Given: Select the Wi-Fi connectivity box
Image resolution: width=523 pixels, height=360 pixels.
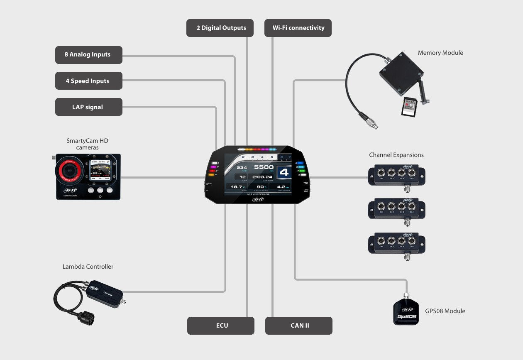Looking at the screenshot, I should tap(298, 28).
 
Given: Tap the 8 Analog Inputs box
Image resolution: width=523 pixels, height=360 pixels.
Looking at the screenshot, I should tap(88, 55).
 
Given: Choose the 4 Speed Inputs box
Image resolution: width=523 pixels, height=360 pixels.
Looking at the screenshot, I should tap(88, 81).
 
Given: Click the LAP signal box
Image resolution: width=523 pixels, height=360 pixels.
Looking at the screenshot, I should tap(88, 107).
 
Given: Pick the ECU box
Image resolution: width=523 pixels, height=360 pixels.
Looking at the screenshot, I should tap(221, 326).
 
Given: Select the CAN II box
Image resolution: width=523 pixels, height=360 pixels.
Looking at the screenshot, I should tap(299, 326).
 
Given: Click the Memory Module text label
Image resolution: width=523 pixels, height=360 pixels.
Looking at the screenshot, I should tap(440, 53).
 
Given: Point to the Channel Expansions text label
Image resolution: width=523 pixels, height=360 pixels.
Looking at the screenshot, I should tap(396, 155).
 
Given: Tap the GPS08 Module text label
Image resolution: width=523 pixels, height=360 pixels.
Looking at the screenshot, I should tap(445, 311).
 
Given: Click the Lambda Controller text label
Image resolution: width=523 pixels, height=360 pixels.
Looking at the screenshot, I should tap(88, 267).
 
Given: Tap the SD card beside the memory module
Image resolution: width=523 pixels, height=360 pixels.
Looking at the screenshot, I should tap(409, 107).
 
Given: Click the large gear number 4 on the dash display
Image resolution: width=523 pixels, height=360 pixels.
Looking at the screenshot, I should tap(284, 172).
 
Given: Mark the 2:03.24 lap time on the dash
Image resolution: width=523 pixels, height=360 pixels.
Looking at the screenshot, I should tap(262, 177).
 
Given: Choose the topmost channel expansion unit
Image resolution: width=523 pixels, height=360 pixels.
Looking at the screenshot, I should tap(396, 175).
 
